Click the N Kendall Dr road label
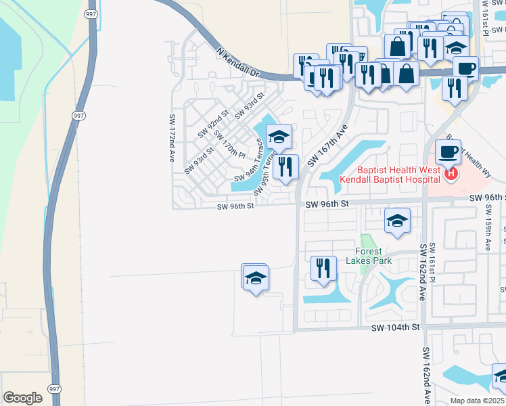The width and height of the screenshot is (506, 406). pos(237,61)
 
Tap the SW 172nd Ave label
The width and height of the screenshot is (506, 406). pos(172,137)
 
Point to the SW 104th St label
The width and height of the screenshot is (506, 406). pos(396,327)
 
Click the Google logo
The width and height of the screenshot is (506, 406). pos(22,397)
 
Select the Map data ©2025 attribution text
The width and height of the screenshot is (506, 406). pos(478,401)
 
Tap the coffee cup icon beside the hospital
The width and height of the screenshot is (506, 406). pos(448,151)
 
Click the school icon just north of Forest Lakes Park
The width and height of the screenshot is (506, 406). pos(397,220)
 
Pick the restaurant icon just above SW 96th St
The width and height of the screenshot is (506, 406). pos(287,165)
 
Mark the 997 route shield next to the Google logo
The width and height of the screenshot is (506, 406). pos(53,390)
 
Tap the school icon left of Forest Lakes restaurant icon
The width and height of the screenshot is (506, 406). pos(256,277)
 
